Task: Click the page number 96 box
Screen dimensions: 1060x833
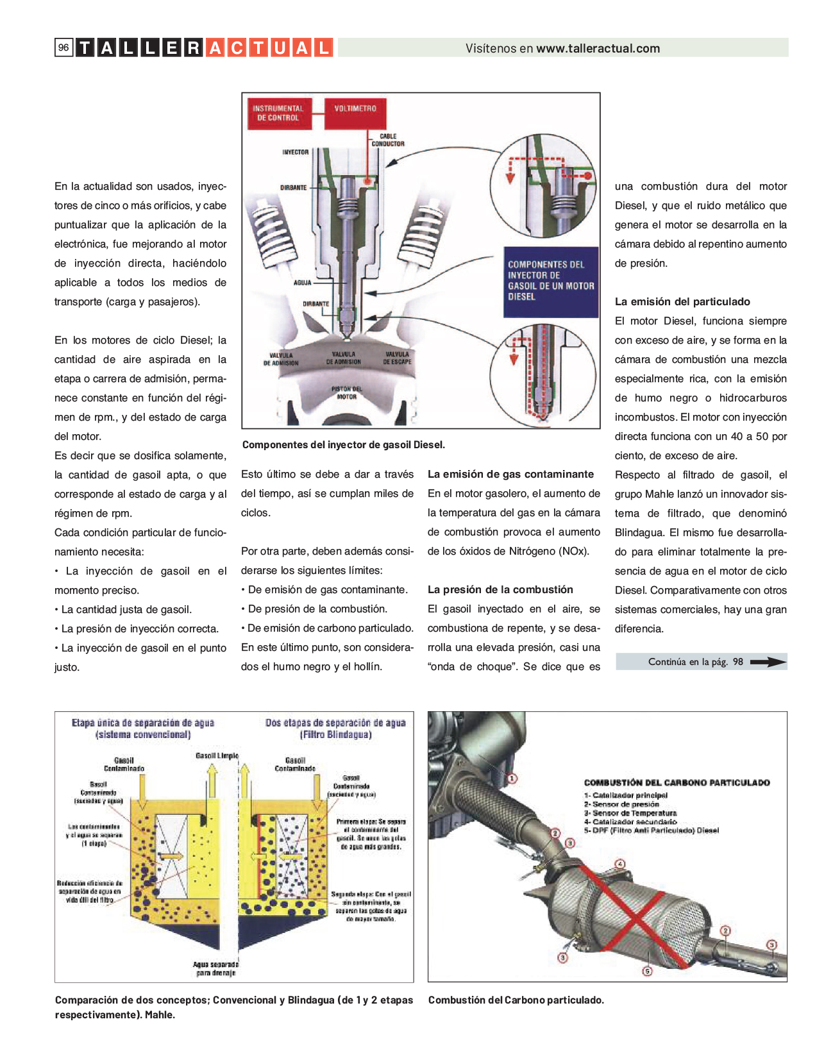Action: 63,47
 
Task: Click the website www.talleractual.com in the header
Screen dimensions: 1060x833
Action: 598,48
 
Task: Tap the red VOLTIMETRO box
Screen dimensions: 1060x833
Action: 355,109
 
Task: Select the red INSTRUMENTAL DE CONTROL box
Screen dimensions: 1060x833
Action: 278,114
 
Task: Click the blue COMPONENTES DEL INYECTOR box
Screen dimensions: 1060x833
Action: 551,281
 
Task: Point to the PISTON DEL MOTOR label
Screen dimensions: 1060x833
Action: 346,392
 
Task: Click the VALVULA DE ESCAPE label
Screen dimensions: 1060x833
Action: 397,358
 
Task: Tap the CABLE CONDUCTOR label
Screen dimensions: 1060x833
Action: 388,140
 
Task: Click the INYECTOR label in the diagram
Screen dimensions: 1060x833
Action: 295,152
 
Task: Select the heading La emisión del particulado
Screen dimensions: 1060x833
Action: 682,301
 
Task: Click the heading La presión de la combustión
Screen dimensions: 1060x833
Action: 500,589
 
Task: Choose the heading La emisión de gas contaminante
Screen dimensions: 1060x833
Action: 510,474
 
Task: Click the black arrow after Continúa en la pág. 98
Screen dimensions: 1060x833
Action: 768,662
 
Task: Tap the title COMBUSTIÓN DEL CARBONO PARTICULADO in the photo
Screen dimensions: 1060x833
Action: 677,782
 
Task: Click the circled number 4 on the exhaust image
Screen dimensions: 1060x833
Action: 619,864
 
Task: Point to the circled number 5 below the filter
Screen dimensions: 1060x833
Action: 648,971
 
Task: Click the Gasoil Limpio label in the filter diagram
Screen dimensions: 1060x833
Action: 217,755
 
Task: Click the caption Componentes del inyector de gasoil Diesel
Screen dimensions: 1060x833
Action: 343,444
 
